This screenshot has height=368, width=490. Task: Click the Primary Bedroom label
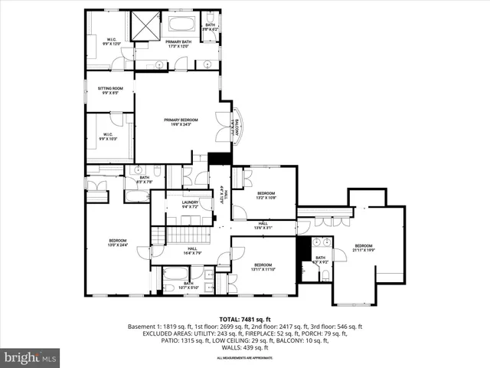pyautogui.click(x=181, y=122)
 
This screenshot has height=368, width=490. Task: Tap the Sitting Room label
pyautogui.click(x=110, y=91)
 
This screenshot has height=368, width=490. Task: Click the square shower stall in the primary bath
pyautogui.click(x=143, y=27)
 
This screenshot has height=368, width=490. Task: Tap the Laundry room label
pyautogui.click(x=190, y=205)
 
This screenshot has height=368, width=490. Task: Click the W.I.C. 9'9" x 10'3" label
pyautogui.click(x=110, y=138)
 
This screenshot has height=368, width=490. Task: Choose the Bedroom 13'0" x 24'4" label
pyautogui.click(x=118, y=243)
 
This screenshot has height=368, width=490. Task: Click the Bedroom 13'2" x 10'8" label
pyautogui.click(x=266, y=195)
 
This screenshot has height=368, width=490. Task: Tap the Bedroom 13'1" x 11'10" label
pyautogui.click(x=263, y=267)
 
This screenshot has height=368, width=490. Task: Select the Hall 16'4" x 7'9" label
pyautogui.click(x=191, y=251)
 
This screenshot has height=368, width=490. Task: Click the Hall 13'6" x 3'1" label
pyautogui.click(x=263, y=226)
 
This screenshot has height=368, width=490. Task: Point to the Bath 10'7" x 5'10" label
pyautogui.click(x=188, y=285)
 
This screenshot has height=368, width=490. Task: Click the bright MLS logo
pyautogui.click(x=31, y=357)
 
